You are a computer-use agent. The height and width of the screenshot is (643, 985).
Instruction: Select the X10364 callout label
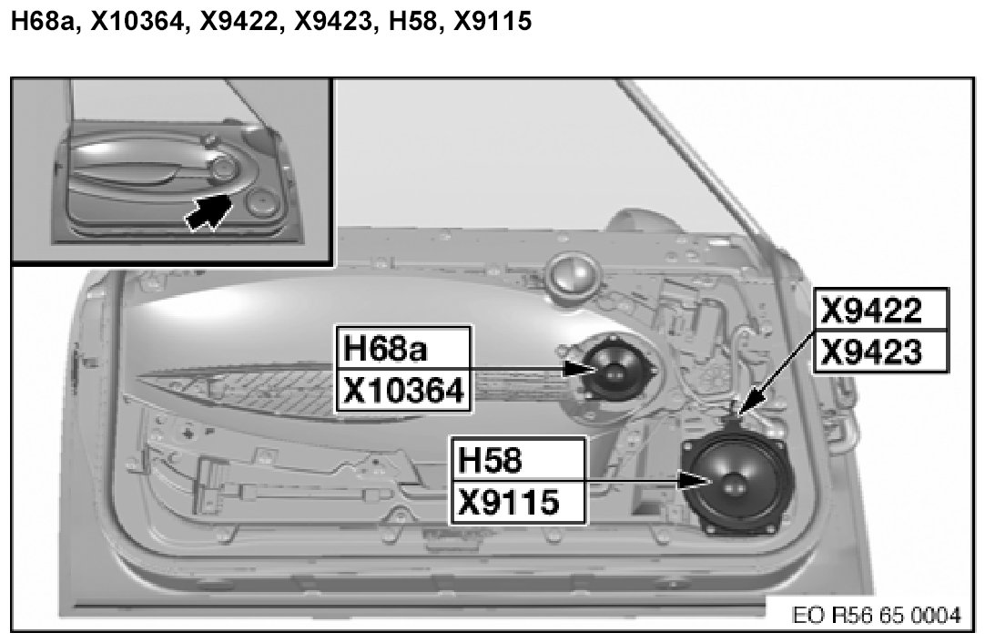click(403, 391)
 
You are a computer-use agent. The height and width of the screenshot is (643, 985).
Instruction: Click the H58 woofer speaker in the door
click(736, 482)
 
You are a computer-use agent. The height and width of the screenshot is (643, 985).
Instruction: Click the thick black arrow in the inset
click(208, 212)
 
